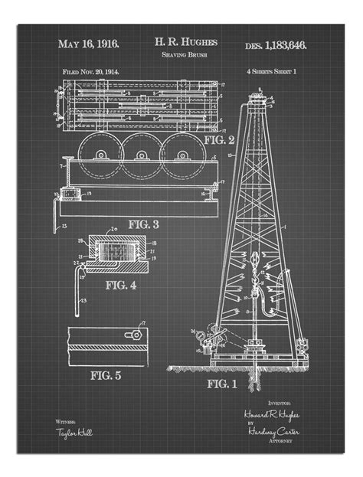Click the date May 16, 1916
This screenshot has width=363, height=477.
90,45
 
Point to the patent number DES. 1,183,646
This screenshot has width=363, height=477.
276,46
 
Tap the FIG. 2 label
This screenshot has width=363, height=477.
219,139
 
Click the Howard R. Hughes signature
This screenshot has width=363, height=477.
272,414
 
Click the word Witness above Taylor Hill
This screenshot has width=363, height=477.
65,422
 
